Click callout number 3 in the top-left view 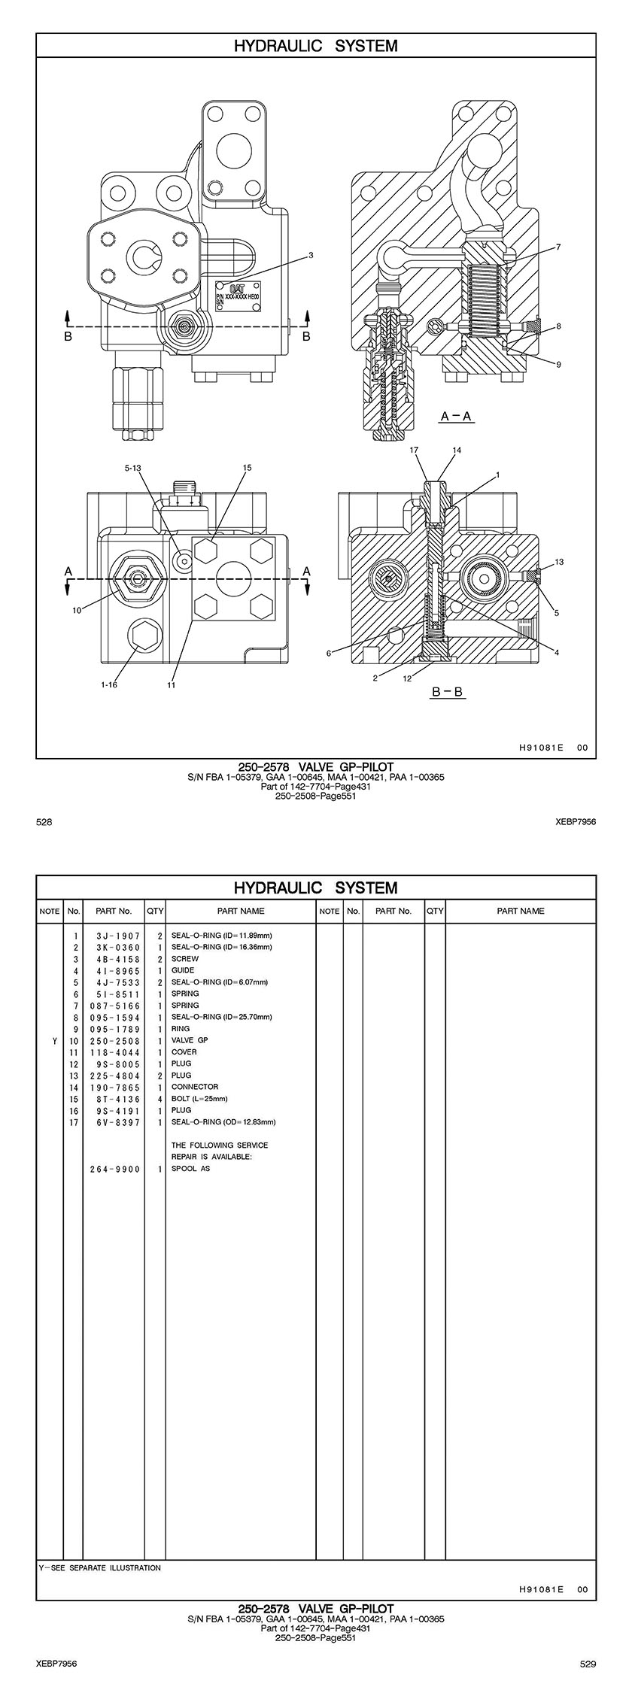coord(311,256)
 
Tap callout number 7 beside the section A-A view coord(558,247)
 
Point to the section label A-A coord(456,416)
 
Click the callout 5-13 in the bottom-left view coord(132,468)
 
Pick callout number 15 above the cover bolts coord(247,468)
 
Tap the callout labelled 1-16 coord(110,684)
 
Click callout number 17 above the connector coord(414,450)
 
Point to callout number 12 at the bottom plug coord(407,678)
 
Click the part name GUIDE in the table coord(183,970)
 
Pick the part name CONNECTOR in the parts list coord(195,1087)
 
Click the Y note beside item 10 coord(54,1041)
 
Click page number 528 coord(44,822)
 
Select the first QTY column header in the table coord(155,911)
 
